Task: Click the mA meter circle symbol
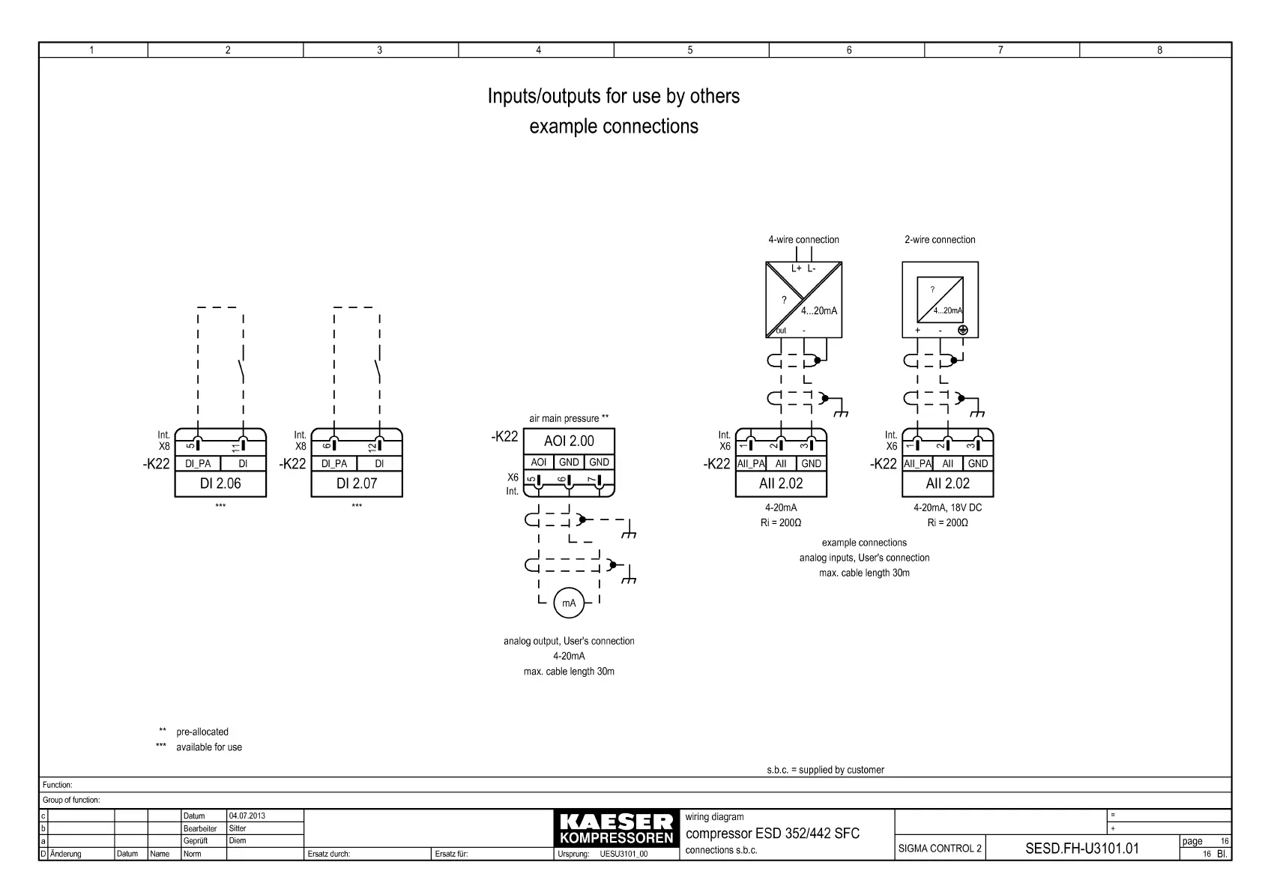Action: tap(569, 603)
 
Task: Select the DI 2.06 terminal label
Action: tap(220, 483)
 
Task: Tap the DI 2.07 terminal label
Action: tap(357, 483)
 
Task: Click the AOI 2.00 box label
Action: tap(569, 442)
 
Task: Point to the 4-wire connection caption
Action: tap(803, 240)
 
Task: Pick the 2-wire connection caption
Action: tap(940, 240)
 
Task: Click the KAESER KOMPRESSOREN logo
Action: tap(616, 829)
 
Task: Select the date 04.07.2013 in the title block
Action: tap(247, 816)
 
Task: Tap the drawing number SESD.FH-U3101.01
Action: tap(1081, 849)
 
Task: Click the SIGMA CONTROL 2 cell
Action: tap(940, 849)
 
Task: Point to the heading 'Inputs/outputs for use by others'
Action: tap(613, 97)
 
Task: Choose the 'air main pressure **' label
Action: tap(569, 418)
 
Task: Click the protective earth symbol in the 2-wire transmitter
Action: tap(963, 330)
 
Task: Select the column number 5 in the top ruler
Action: tap(690, 50)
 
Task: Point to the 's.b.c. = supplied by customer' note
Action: tap(825, 770)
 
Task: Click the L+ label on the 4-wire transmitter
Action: tap(796, 268)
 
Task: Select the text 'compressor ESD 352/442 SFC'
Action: tap(773, 834)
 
